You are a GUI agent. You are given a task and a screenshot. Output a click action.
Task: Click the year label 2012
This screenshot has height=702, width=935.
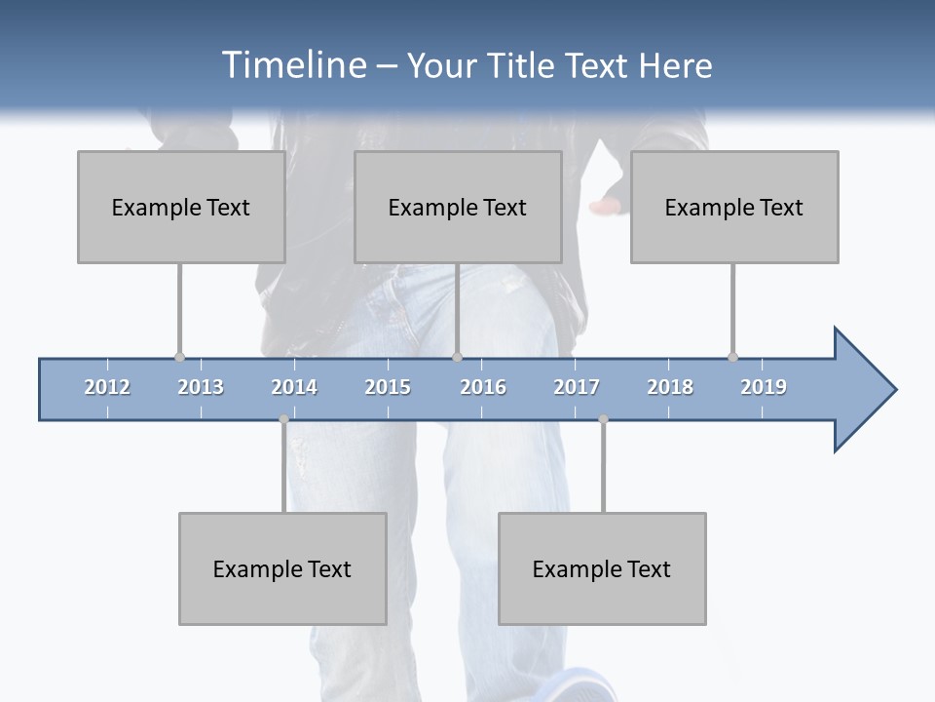pyautogui.click(x=107, y=387)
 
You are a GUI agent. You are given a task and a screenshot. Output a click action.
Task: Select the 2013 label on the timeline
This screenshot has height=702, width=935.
pyautogui.click(x=201, y=387)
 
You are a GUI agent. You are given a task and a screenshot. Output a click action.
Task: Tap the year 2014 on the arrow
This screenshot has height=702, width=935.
pyautogui.click(x=294, y=387)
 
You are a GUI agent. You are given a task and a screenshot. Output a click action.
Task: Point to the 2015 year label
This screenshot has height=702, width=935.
pyautogui.click(x=388, y=387)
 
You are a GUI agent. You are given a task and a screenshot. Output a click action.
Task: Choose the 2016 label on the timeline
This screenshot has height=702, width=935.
pyautogui.click(x=483, y=387)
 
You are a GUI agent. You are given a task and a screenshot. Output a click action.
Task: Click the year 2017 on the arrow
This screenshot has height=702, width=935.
pyautogui.click(x=577, y=387)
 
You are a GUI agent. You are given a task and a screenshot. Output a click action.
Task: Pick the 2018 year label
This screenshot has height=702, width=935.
pyautogui.click(x=670, y=387)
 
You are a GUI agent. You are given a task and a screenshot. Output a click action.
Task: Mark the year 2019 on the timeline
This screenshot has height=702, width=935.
pyautogui.click(x=764, y=387)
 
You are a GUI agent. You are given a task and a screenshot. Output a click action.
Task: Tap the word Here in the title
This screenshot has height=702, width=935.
pyautogui.click(x=675, y=65)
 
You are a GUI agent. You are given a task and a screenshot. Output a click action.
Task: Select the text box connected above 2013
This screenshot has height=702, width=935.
pyautogui.click(x=181, y=207)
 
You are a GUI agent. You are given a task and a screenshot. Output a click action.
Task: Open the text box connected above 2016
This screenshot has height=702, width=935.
pyautogui.click(x=458, y=207)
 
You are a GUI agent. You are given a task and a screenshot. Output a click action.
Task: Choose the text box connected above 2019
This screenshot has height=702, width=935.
pyautogui.click(x=734, y=207)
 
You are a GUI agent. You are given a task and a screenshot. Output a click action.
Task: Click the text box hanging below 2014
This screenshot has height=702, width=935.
pyautogui.click(x=282, y=568)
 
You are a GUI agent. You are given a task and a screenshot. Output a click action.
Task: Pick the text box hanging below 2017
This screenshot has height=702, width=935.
pyautogui.click(x=602, y=568)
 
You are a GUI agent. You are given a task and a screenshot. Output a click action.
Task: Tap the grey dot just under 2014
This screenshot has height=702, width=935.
pyautogui.click(x=283, y=419)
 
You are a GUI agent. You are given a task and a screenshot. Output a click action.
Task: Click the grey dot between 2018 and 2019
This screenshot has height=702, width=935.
pyautogui.click(x=732, y=357)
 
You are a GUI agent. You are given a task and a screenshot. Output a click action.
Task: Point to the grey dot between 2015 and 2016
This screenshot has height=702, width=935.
pyautogui.click(x=457, y=357)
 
